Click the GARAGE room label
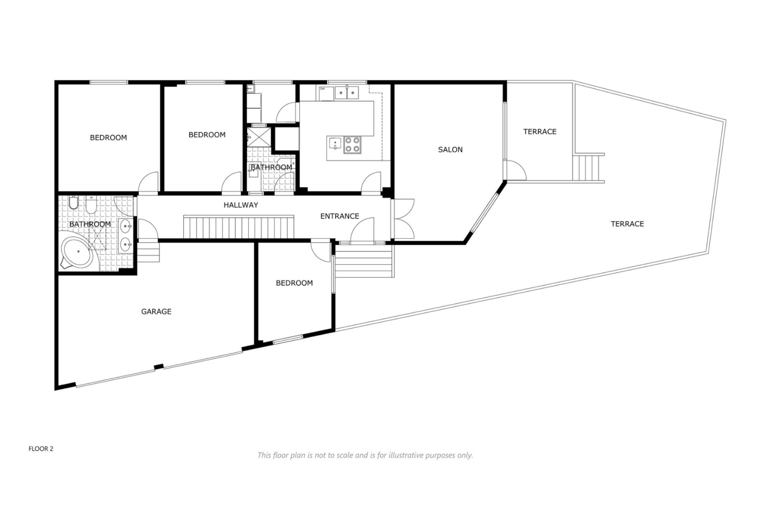(x=156, y=312)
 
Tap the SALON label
(x=450, y=149)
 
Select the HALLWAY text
(x=241, y=205)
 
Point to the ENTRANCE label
(x=340, y=216)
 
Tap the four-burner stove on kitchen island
(x=352, y=145)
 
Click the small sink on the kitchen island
(x=335, y=143)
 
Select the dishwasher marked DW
(x=326, y=93)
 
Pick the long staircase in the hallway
(x=239, y=227)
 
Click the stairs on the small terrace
(x=587, y=167)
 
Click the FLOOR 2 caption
(x=41, y=449)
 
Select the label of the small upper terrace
(x=540, y=131)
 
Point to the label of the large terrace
(x=627, y=224)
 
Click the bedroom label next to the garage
(x=294, y=283)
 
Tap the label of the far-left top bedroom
(x=108, y=138)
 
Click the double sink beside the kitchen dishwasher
(x=347, y=93)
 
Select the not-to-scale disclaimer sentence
(x=365, y=455)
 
